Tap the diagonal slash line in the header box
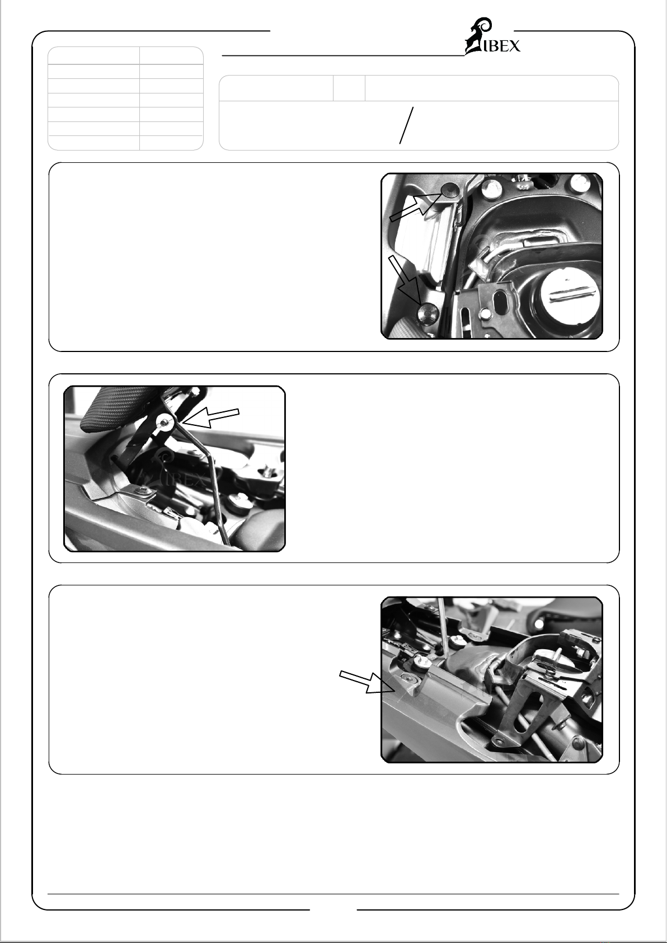pos(406,125)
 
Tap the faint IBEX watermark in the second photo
pos(177,471)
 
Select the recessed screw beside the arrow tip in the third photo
pos(408,678)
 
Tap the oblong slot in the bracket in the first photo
pos(501,302)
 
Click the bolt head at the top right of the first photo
pos(580,182)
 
